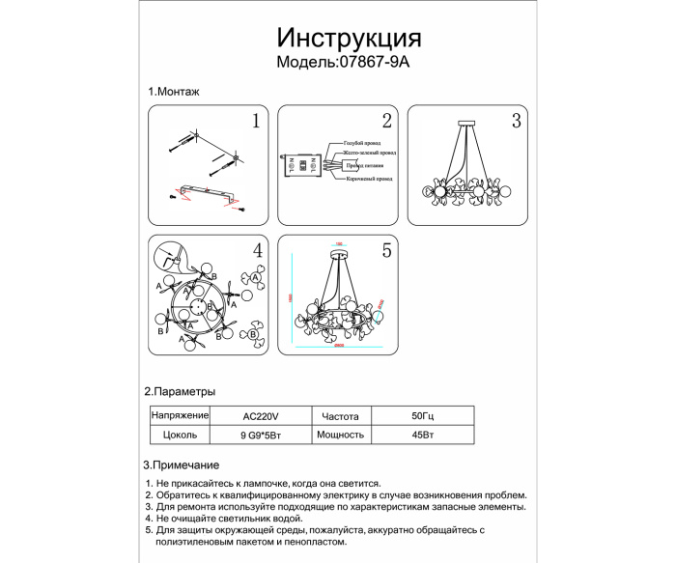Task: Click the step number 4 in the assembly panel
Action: coord(257,250)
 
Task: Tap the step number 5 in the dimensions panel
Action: coord(386,250)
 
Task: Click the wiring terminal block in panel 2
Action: coord(300,164)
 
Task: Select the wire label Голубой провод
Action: coord(354,141)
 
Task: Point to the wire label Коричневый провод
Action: coord(368,179)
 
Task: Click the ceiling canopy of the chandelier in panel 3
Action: coord(465,123)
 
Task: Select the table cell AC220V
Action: coord(260,415)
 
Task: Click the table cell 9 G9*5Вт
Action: coord(260,435)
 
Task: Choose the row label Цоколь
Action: coord(181,435)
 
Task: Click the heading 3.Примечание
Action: coord(181,464)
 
